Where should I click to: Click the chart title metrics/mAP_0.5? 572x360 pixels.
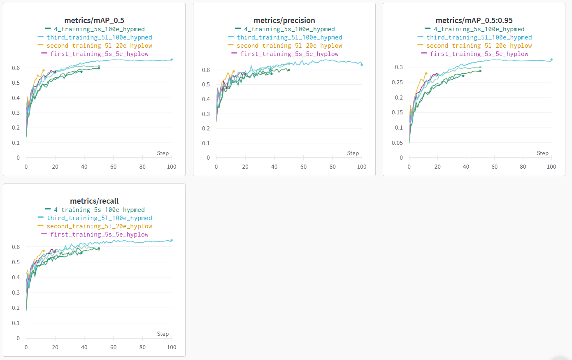click(x=94, y=20)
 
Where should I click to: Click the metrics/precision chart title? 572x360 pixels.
click(x=284, y=20)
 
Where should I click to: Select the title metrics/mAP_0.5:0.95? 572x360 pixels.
click(x=474, y=20)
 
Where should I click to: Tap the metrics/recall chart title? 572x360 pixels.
click(x=94, y=201)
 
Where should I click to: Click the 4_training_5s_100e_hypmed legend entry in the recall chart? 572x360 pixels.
click(x=99, y=210)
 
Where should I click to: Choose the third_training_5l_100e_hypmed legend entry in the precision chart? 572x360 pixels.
click(x=289, y=37)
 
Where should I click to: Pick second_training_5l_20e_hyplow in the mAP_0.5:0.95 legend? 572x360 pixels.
click(x=479, y=46)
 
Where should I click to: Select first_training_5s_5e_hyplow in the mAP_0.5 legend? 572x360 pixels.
click(x=99, y=54)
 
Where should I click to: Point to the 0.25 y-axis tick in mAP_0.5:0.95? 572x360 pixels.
click(x=397, y=82)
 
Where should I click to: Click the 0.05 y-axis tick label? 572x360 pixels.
click(x=397, y=143)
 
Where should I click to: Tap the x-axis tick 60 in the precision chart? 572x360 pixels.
click(x=303, y=167)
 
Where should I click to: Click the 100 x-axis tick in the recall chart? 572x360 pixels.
click(x=172, y=347)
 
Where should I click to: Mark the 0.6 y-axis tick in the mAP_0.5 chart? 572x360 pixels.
click(x=16, y=68)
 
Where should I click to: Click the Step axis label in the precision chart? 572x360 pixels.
click(x=353, y=153)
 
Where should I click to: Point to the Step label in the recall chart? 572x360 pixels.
click(x=163, y=334)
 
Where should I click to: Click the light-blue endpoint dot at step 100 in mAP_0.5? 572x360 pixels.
click(x=172, y=60)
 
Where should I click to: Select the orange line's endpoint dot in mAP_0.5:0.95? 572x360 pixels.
click(x=426, y=74)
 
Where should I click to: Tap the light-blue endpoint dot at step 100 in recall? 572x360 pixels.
click(x=172, y=240)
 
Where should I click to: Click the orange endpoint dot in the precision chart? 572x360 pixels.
click(x=233, y=71)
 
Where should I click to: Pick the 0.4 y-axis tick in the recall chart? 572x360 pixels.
click(x=16, y=277)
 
